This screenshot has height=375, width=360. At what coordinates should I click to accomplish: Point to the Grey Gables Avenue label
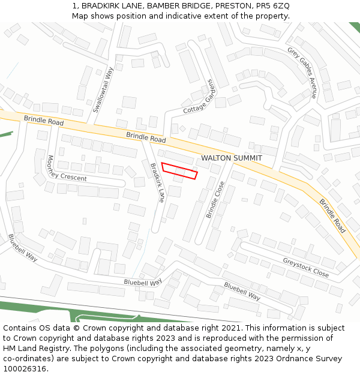(x=302, y=72)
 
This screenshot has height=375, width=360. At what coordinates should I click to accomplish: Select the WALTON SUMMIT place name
(x=232, y=158)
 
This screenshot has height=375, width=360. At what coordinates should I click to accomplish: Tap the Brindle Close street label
(x=215, y=200)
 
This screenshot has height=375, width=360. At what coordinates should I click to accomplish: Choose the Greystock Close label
(x=305, y=268)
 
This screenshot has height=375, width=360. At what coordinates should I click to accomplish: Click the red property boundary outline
(x=179, y=170)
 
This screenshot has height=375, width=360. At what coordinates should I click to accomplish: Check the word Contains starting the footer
(x=21, y=328)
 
